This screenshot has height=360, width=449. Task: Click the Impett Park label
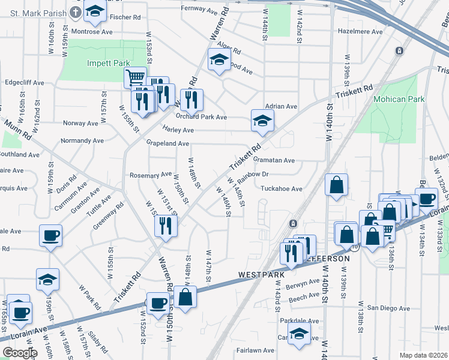point(104,62)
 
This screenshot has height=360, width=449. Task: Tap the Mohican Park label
point(399,99)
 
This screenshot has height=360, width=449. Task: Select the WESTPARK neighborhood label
point(261,275)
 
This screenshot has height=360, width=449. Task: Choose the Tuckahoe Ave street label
point(282,188)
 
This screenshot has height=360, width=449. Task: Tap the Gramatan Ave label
point(274,160)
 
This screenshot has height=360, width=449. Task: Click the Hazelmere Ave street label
point(360,31)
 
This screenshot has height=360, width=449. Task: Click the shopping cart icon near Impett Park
point(135,77)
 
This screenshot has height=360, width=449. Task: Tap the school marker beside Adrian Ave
point(262,121)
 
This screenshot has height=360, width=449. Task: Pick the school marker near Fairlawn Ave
point(298,336)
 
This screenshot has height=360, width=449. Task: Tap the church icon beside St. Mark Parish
point(76,11)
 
